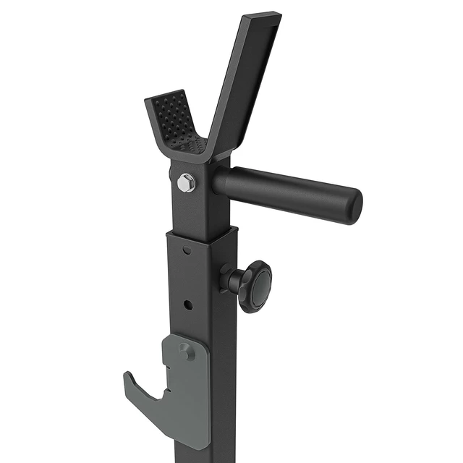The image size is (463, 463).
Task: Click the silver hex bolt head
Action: tap(186, 183)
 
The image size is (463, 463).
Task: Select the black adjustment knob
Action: tap(254, 286)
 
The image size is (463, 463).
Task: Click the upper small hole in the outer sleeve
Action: tap(187, 250)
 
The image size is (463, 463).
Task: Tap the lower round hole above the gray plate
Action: tap(187, 305)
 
